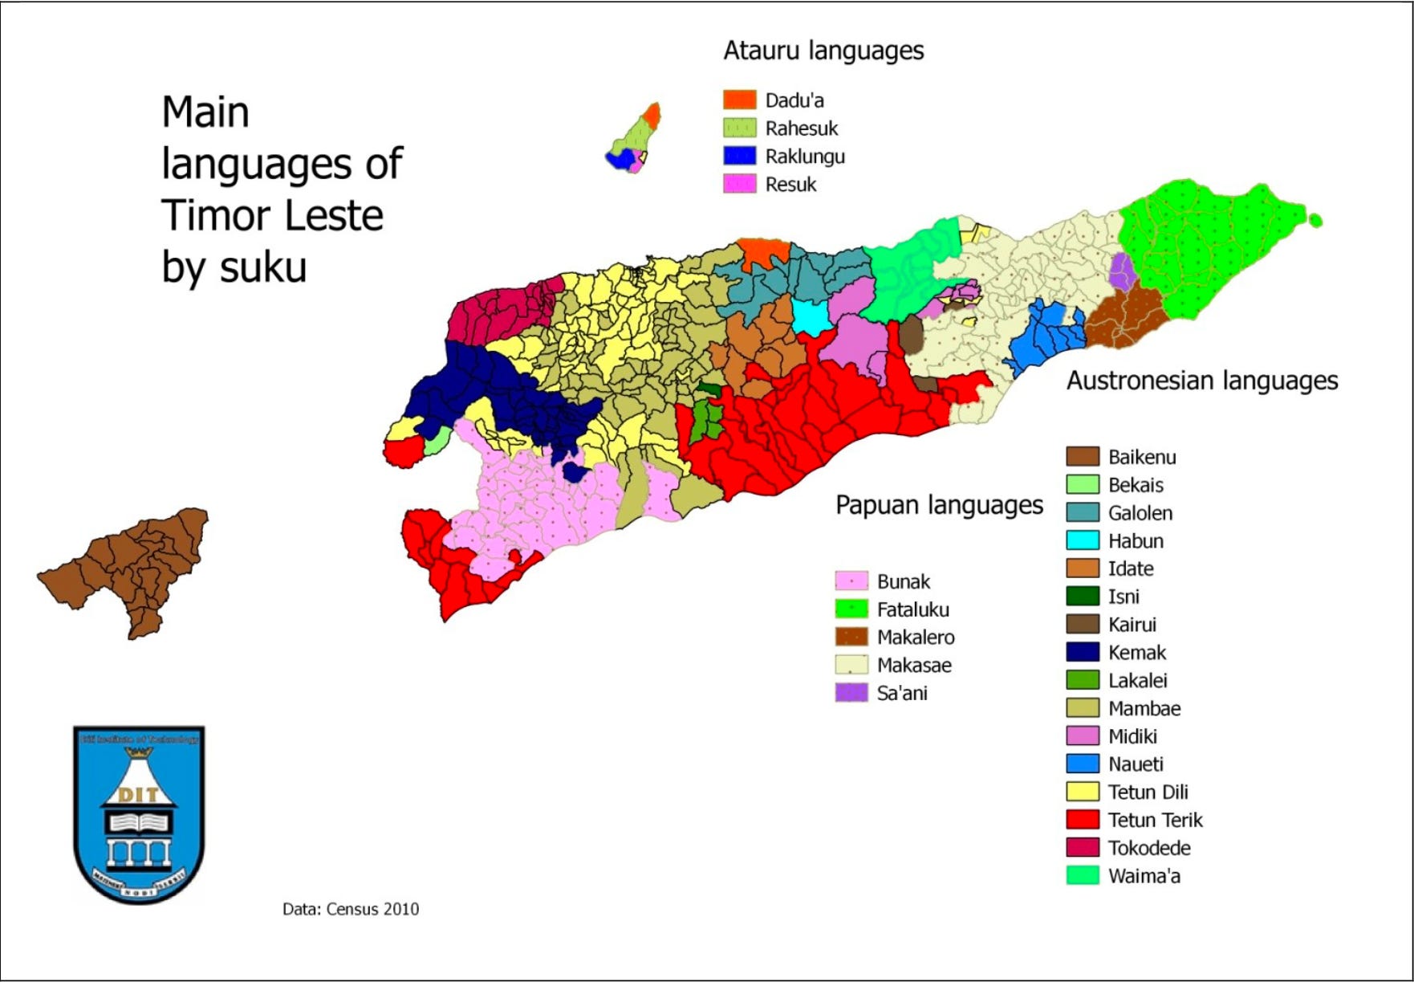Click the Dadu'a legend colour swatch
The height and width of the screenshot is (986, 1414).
pos(739,100)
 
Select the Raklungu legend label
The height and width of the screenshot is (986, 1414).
pos(804,157)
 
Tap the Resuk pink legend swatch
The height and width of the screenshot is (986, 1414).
pos(739,184)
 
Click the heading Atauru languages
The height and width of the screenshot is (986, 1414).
pos(823,51)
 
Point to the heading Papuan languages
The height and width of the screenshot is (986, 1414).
pos(938,505)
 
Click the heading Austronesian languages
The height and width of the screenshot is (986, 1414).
pos(1201,381)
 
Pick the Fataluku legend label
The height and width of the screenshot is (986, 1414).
pos(912,609)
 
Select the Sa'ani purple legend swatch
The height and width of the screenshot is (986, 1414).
pos(851,693)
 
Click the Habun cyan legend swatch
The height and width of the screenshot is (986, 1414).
pos(1082,540)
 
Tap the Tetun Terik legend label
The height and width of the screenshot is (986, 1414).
pos(1155,820)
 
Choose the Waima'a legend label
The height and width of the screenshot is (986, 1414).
pos(1144,876)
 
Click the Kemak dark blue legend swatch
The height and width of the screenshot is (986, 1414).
pos(1082,652)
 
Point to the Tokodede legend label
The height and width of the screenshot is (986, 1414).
pos(1148,848)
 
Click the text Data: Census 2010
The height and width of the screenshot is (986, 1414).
pos(350,909)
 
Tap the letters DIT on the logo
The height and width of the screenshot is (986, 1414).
pos(138,795)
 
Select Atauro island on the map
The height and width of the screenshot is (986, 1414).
pos(634,141)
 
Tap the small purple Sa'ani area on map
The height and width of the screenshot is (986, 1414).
pos(1121,271)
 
